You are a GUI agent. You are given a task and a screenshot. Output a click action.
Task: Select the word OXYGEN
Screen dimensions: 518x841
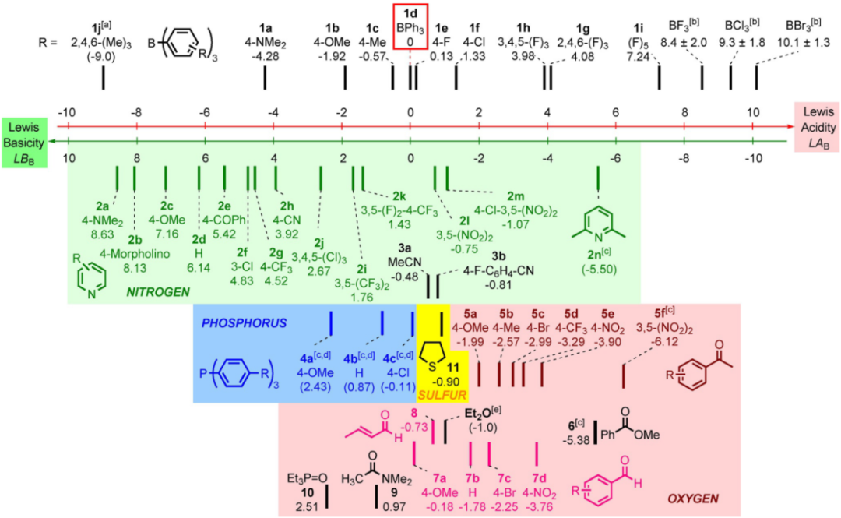[x=690, y=497]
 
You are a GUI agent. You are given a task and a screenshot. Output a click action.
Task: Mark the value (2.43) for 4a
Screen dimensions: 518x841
[x=322, y=388]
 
